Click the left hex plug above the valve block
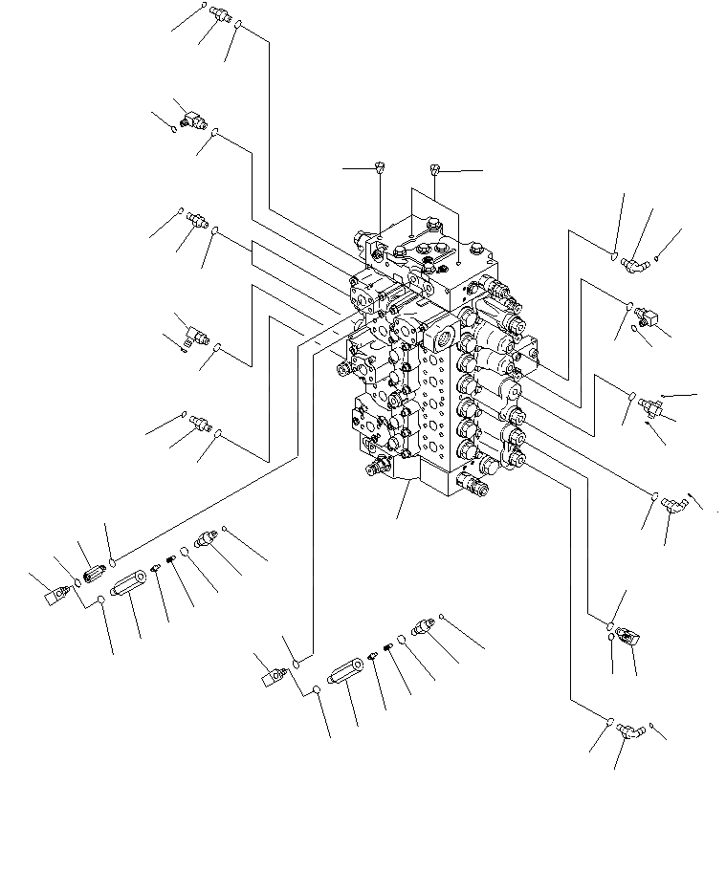(x=380, y=168)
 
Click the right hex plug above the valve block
(x=435, y=171)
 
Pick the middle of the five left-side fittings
(x=199, y=220)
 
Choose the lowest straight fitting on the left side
(x=200, y=422)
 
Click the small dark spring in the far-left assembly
(x=172, y=560)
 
